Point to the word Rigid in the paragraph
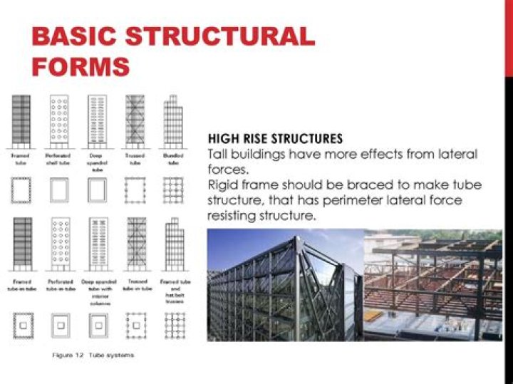click(x=222, y=185)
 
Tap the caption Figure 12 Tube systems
click(x=93, y=354)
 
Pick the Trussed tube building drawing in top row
click(x=135, y=120)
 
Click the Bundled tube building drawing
click(x=172, y=120)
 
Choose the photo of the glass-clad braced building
click(x=285, y=284)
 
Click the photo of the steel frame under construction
click(x=432, y=284)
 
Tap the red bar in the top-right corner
click(x=509, y=36)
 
